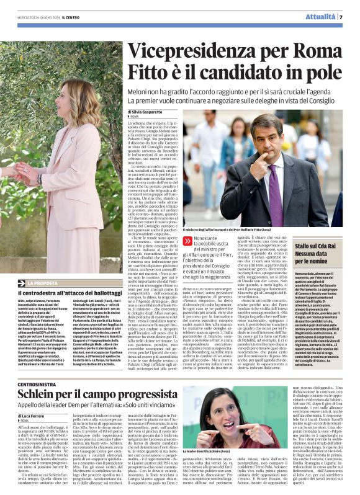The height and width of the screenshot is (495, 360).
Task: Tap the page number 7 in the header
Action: [341, 17]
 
